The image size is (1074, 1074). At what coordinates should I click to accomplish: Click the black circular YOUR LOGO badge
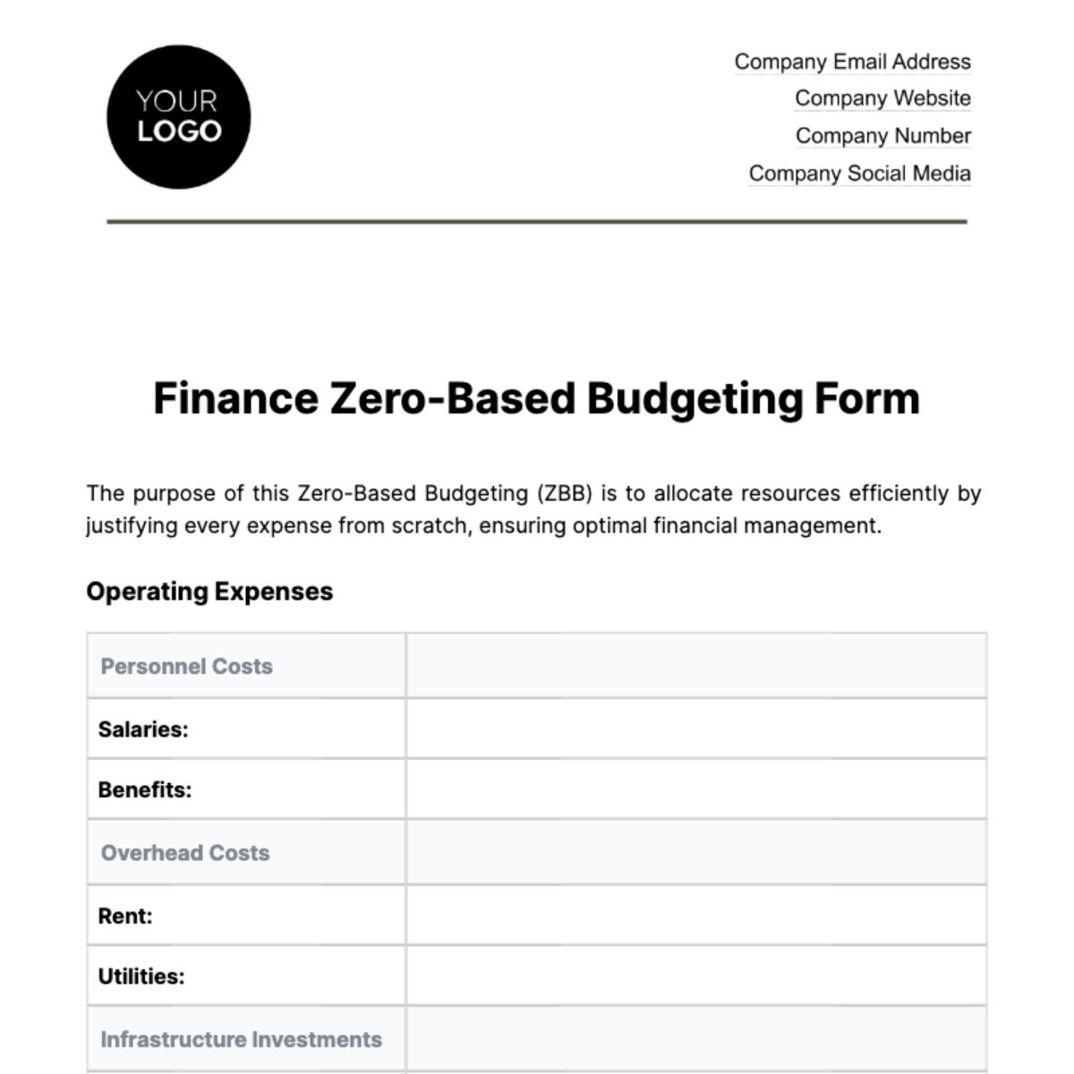pyautogui.click(x=178, y=117)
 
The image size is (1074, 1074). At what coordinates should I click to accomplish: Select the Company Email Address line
pyautogui.click(x=852, y=62)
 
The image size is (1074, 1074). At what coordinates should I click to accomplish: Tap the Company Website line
pyautogui.click(x=882, y=98)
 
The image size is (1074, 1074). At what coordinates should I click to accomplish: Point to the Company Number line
pyautogui.click(x=882, y=136)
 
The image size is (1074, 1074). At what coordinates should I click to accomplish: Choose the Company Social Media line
pyautogui.click(x=859, y=174)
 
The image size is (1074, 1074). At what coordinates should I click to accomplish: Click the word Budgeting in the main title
pyautogui.click(x=695, y=399)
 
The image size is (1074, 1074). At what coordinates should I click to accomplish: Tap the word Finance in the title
pyautogui.click(x=235, y=399)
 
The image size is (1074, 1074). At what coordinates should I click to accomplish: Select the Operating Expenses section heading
pyautogui.click(x=209, y=592)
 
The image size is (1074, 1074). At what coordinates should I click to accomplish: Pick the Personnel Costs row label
pyautogui.click(x=186, y=667)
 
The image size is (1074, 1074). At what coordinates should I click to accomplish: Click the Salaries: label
pyautogui.click(x=143, y=729)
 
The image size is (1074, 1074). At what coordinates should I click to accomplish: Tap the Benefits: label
pyautogui.click(x=145, y=790)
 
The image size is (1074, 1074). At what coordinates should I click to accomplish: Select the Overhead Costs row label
pyautogui.click(x=185, y=853)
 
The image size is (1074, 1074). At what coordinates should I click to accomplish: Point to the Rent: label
pyautogui.click(x=125, y=916)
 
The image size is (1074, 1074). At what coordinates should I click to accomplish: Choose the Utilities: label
pyautogui.click(x=141, y=976)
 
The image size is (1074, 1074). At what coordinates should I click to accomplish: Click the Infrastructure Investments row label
pyautogui.click(x=241, y=1040)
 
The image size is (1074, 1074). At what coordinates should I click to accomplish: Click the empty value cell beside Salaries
pyautogui.click(x=695, y=729)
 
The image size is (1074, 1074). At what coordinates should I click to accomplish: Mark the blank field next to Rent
pyautogui.click(x=695, y=916)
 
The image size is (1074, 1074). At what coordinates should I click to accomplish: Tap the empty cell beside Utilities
pyautogui.click(x=695, y=976)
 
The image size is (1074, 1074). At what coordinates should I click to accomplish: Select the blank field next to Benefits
pyautogui.click(x=695, y=789)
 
